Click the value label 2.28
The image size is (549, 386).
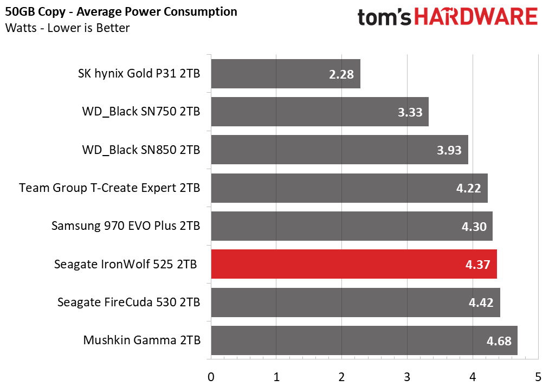click(341, 74)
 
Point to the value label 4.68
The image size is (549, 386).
click(499, 341)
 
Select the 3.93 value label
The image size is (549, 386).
click(450, 150)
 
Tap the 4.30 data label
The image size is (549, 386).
click(474, 227)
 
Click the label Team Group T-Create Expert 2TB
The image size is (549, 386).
click(109, 188)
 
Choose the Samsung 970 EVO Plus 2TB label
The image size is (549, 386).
click(126, 226)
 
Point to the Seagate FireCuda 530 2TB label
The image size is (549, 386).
click(128, 303)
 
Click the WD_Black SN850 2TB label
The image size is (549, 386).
click(141, 150)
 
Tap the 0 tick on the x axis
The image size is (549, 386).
click(211, 376)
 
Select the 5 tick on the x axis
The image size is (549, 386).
click(538, 376)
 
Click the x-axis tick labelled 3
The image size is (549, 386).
click(407, 376)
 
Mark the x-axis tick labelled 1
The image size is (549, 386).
click(276, 376)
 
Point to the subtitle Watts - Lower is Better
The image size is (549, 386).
click(68, 28)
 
